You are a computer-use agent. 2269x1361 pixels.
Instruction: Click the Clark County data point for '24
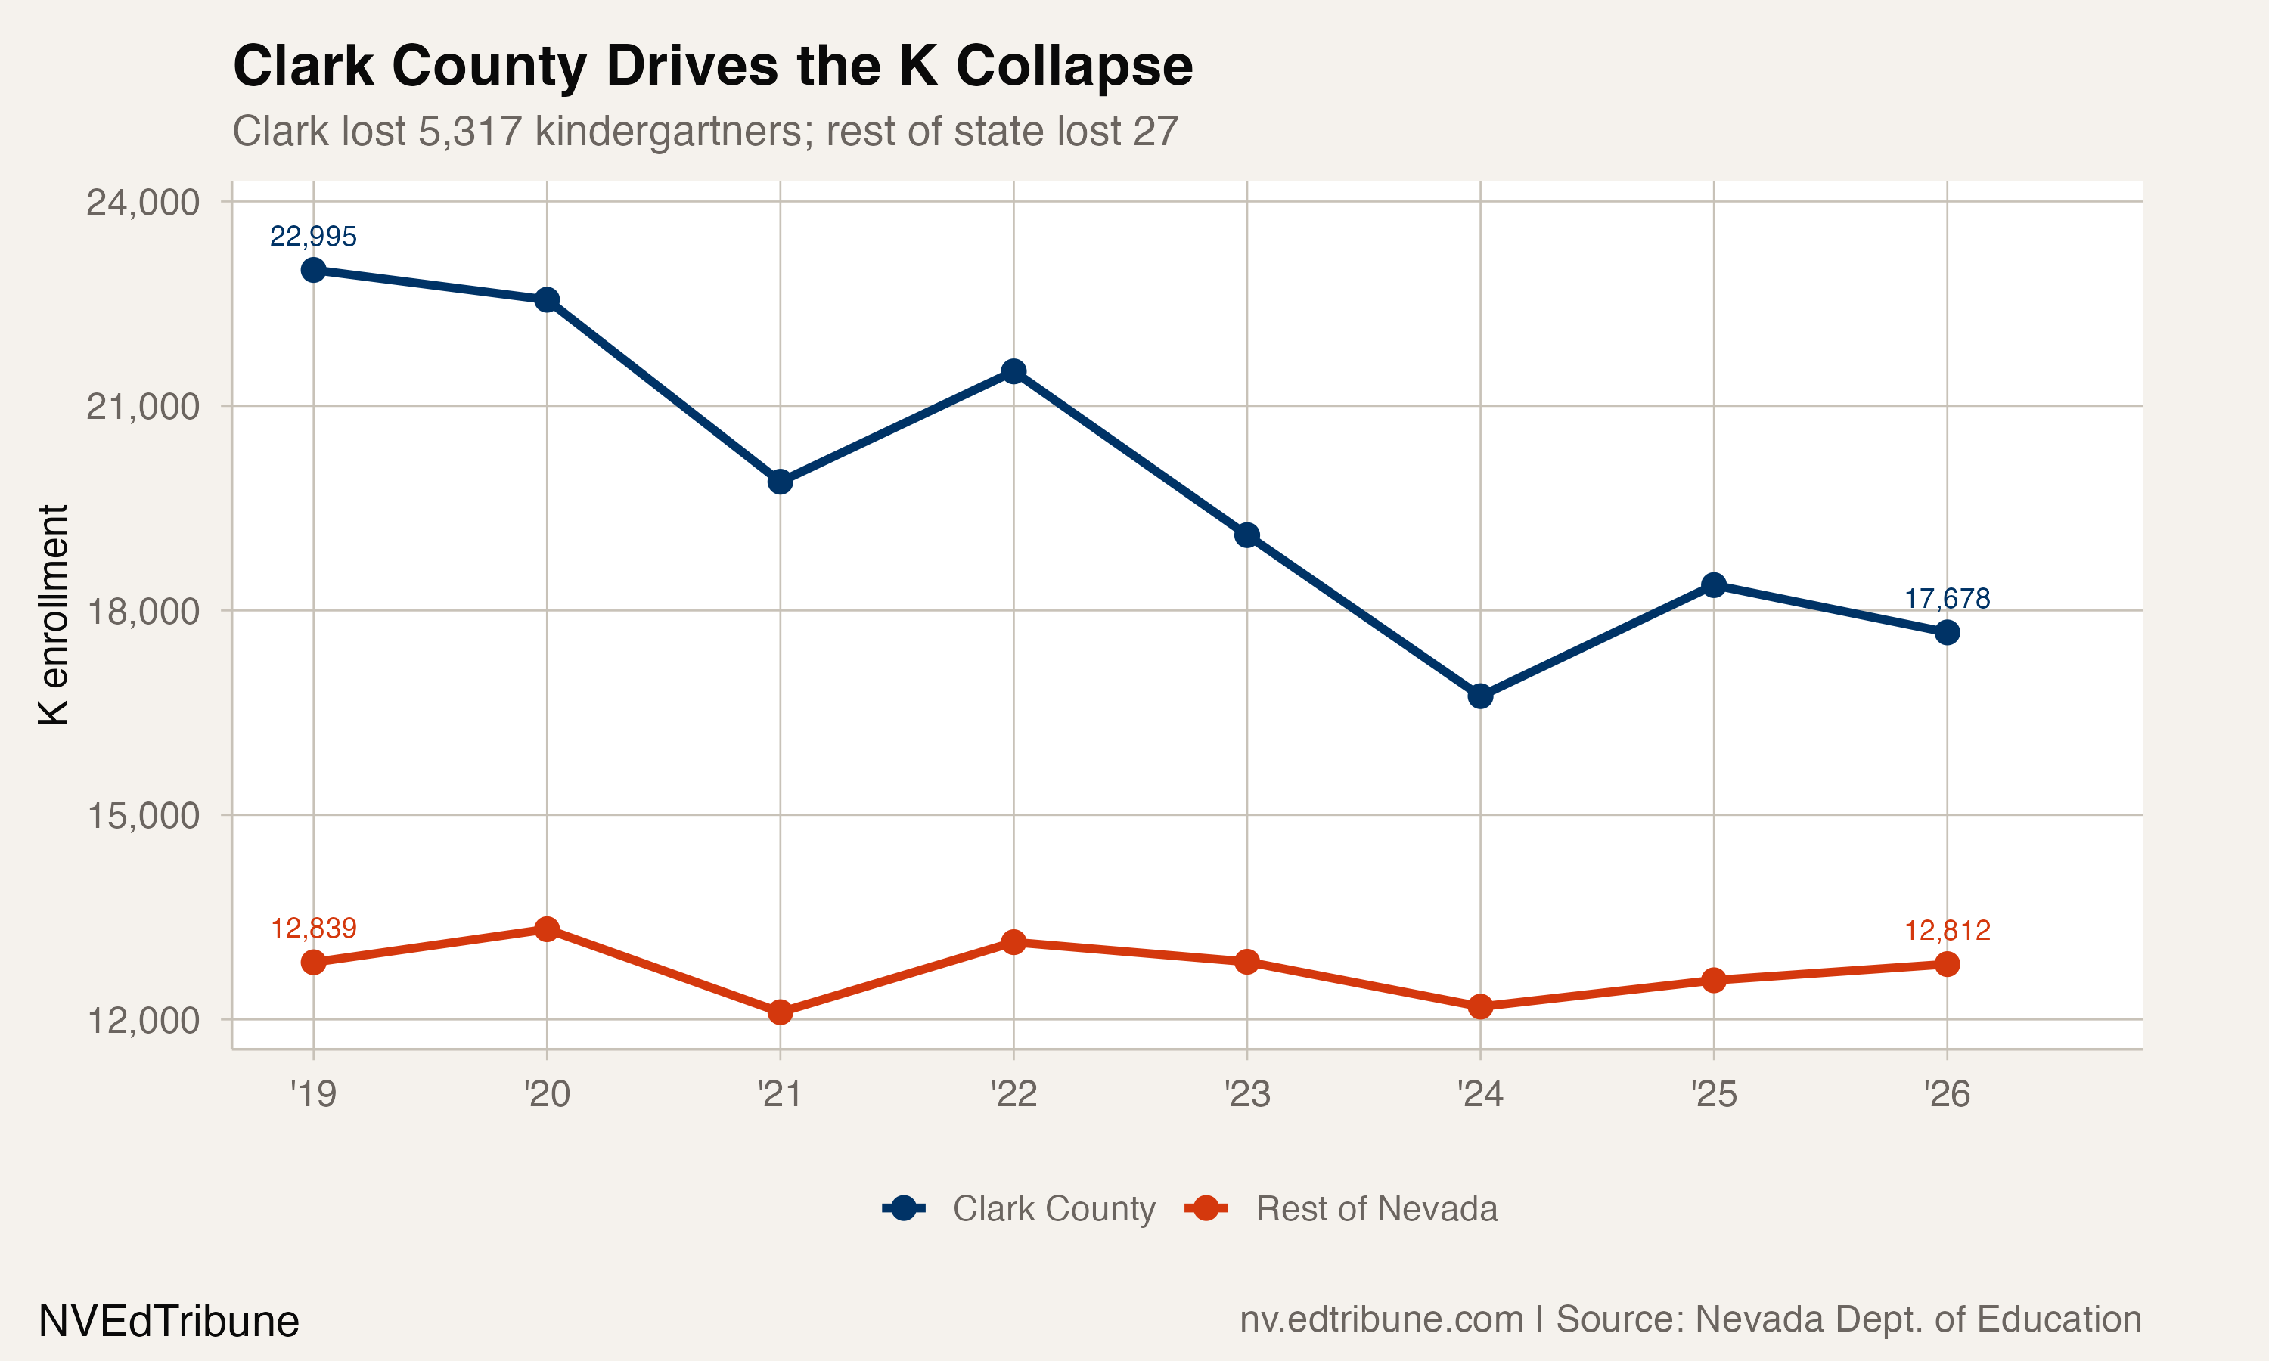1480,696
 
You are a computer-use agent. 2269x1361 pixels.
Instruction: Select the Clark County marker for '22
1013,371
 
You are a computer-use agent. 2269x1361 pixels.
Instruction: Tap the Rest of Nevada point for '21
781,1012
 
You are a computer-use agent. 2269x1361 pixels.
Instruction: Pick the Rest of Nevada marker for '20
547,929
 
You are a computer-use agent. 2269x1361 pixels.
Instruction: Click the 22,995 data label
313,237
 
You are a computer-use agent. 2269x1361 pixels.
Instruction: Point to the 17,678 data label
1946,599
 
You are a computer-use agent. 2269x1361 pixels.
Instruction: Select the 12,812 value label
1946,931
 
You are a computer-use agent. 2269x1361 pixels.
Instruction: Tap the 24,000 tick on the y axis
142,203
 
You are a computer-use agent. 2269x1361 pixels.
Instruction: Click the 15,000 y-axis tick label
142,815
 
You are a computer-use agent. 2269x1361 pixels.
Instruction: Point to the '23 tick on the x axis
1246,1094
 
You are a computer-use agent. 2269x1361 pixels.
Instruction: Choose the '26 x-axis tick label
1946,1094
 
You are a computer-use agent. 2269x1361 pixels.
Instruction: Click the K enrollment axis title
53,615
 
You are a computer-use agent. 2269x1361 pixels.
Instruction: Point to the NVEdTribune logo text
169,1322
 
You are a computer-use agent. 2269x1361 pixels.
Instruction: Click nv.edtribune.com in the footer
1380,1319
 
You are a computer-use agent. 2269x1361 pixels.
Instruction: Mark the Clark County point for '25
1713,585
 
